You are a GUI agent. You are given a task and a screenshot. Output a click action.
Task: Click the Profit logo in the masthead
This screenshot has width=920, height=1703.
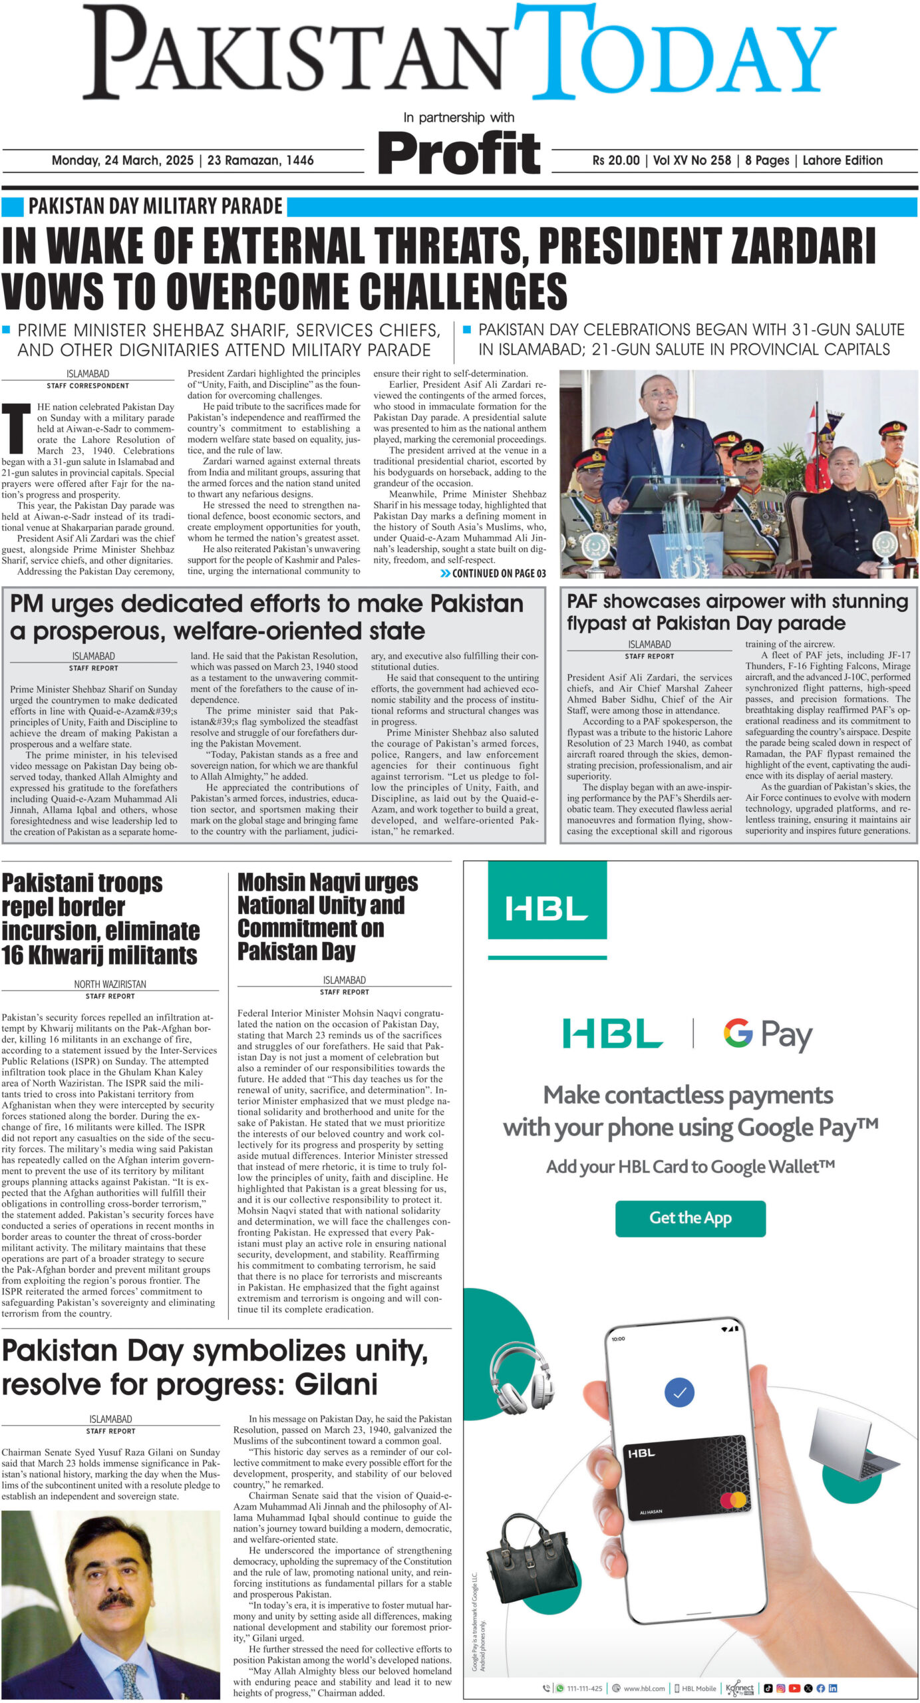point(459,154)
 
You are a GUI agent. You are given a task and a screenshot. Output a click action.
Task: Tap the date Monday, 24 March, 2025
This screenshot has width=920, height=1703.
point(122,160)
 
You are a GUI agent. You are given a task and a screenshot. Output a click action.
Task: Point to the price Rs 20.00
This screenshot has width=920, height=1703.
point(615,160)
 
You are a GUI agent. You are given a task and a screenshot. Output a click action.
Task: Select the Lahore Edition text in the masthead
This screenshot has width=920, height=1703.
point(842,160)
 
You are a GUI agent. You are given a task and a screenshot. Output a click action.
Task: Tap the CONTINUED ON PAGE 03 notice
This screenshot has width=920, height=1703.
point(494,573)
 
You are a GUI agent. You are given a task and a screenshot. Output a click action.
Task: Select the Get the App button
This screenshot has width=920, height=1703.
point(690,1218)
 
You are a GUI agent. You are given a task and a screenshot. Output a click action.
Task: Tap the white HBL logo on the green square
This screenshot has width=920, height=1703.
point(546,908)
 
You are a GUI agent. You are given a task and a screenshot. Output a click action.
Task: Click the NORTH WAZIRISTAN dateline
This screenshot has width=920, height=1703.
point(110,984)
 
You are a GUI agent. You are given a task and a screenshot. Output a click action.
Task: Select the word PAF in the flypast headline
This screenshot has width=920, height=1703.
point(587,601)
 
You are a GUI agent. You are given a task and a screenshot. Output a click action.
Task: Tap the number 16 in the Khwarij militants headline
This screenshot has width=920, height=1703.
point(14,955)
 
